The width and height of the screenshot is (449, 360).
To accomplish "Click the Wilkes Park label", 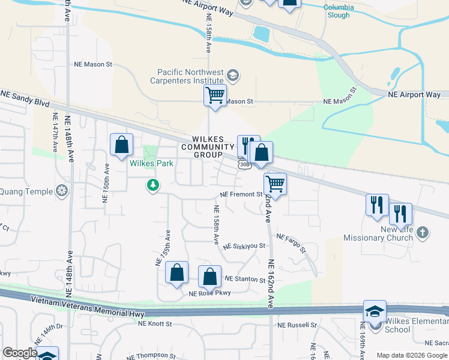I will coord(151,163).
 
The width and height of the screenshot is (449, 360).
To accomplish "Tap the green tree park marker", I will coord(154,185).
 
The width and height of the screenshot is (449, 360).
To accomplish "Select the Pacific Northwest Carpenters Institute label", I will coord(186,76).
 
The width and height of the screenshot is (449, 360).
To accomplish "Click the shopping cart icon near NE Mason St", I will coord(215,95).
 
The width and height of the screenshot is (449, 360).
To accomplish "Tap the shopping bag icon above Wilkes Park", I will coord(121,145).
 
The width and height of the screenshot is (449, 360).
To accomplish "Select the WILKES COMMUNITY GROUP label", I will coord(208,146).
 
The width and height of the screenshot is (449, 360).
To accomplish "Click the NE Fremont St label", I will coord(242,194).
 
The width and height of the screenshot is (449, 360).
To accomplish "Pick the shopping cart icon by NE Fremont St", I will coord(275,183).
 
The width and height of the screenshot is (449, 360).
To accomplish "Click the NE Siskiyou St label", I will coord(244,246).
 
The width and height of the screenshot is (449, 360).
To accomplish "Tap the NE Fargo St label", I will coord(291,242).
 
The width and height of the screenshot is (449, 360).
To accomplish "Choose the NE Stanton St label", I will coord(245,280).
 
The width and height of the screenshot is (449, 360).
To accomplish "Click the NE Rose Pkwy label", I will coord(209,293).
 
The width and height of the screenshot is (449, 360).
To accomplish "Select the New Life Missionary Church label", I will coord(379,233).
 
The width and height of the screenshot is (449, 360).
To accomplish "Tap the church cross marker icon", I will coord(423,232).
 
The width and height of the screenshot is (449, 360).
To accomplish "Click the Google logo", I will coord(20,353).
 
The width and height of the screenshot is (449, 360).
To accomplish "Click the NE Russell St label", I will coord(297,325).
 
